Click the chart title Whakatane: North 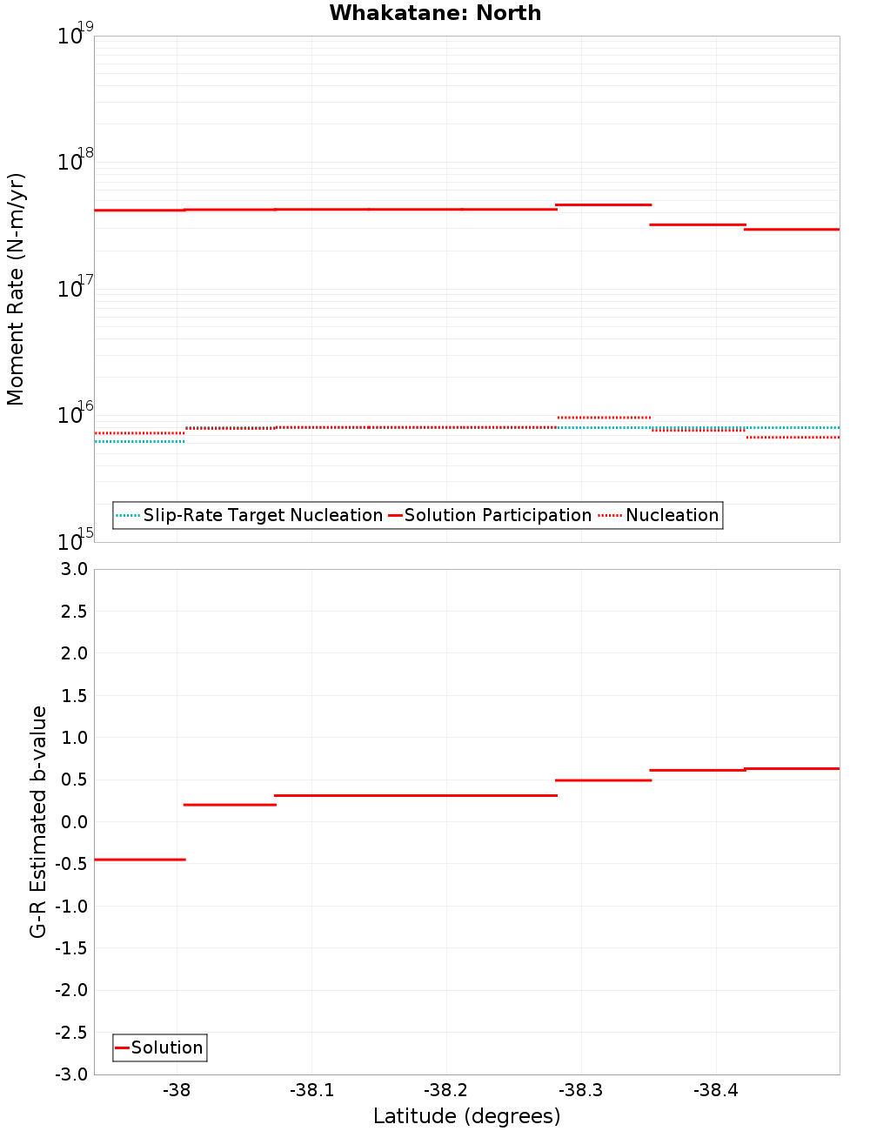pyautogui.click(x=435, y=13)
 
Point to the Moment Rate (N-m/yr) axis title pyautogui.click(x=16, y=289)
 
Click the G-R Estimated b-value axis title pyautogui.click(x=38, y=821)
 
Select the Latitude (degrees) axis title pyautogui.click(x=466, y=1116)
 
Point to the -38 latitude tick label pyautogui.click(x=177, y=1091)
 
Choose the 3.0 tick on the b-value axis pyautogui.click(x=73, y=570)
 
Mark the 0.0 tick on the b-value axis pyautogui.click(x=73, y=822)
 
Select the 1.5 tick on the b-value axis pyautogui.click(x=73, y=696)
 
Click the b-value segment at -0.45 pyautogui.click(x=139, y=860)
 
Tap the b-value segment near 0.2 pyautogui.click(x=230, y=805)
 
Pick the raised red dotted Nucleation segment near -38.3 pyautogui.click(x=604, y=418)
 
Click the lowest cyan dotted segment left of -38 pyautogui.click(x=139, y=442)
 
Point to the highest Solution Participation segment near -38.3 pyautogui.click(x=604, y=204)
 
